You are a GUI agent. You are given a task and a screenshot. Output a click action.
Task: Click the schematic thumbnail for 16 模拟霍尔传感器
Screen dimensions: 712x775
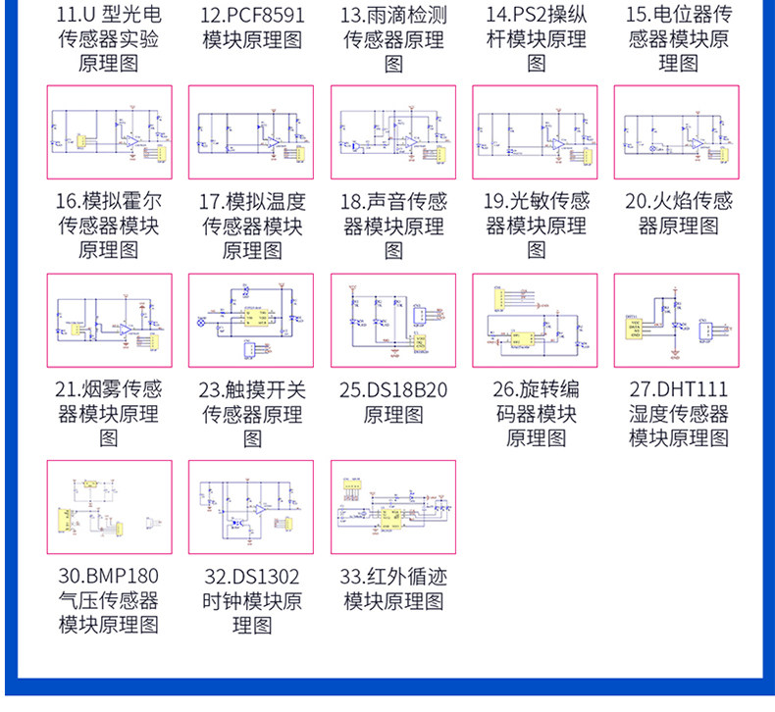[110, 132]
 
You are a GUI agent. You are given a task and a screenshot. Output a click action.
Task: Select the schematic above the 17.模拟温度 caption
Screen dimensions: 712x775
[251, 132]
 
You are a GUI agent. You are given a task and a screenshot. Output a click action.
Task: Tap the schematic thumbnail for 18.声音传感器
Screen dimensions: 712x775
[393, 132]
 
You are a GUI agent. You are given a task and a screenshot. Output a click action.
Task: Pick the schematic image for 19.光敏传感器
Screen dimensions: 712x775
[535, 132]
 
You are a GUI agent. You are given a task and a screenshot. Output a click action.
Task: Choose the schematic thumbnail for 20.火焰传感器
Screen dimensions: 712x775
[677, 132]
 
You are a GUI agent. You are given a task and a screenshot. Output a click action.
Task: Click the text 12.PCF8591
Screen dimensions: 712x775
[252, 15]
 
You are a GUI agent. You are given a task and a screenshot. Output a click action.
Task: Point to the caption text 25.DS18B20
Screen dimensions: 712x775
[393, 389]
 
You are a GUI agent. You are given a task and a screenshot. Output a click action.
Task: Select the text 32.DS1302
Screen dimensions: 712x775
[251, 576]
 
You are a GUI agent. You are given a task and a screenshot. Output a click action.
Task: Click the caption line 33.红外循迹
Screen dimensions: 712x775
[393, 576]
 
